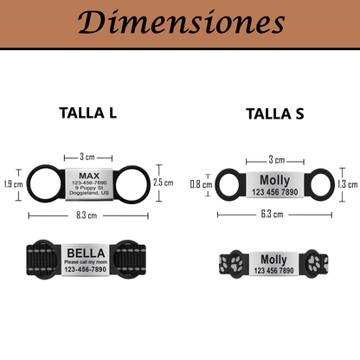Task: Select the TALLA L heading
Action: (88, 112)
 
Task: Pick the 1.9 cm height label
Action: (12, 183)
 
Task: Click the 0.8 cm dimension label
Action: (201, 183)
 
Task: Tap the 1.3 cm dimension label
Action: (347, 183)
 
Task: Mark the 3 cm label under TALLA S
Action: (275, 160)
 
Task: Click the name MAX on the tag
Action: (89, 176)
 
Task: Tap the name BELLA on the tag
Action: (87, 252)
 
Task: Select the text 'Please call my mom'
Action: (87, 261)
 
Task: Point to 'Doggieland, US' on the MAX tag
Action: (89, 195)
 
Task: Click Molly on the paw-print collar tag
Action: (274, 260)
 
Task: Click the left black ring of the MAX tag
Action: (43, 183)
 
